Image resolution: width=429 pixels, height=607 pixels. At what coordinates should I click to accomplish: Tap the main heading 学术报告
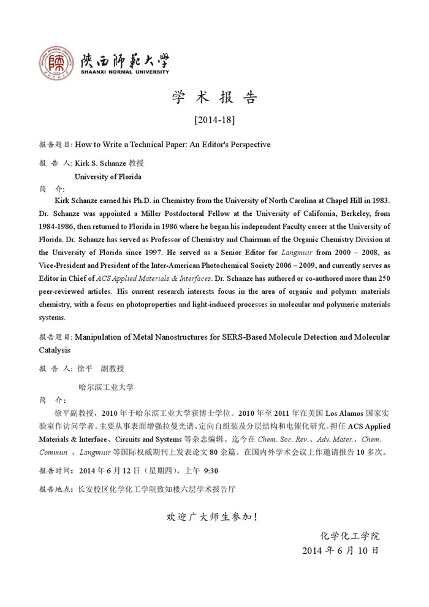(x=214, y=97)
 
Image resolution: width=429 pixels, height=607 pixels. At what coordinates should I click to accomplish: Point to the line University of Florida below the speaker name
(x=108, y=177)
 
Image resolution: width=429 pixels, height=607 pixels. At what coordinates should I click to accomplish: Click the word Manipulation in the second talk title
(x=102, y=337)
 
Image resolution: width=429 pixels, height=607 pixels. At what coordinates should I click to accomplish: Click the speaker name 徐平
(x=85, y=368)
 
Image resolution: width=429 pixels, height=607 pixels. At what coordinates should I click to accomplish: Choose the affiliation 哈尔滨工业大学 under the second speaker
(x=107, y=387)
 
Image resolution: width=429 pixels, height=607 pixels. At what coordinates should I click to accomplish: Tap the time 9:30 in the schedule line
(x=211, y=471)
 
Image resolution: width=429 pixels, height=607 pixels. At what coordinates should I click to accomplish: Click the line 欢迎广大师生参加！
(x=213, y=517)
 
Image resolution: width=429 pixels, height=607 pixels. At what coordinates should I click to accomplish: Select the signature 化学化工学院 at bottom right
(x=350, y=535)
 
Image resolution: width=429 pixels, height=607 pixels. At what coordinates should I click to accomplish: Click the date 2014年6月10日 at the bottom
(x=341, y=550)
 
